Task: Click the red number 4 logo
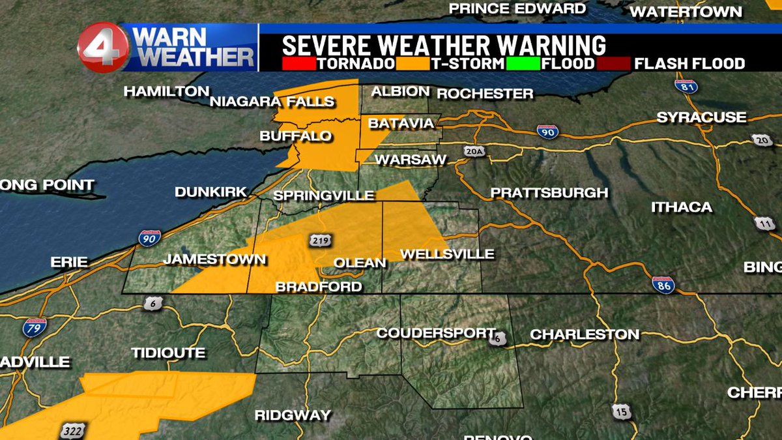[103, 48]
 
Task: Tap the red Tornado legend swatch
[297, 64]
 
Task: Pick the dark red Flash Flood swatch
[611, 64]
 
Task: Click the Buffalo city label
[296, 136]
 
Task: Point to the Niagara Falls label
[272, 101]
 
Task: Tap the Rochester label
[485, 94]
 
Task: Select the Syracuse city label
[701, 117]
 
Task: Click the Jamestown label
[214, 259]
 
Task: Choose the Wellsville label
[447, 254]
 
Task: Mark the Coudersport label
[437, 333]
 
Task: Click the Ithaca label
[682, 207]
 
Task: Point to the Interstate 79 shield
[35, 327]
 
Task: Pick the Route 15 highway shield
[620, 411]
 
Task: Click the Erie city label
[69, 261]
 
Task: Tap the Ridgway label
[293, 415]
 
